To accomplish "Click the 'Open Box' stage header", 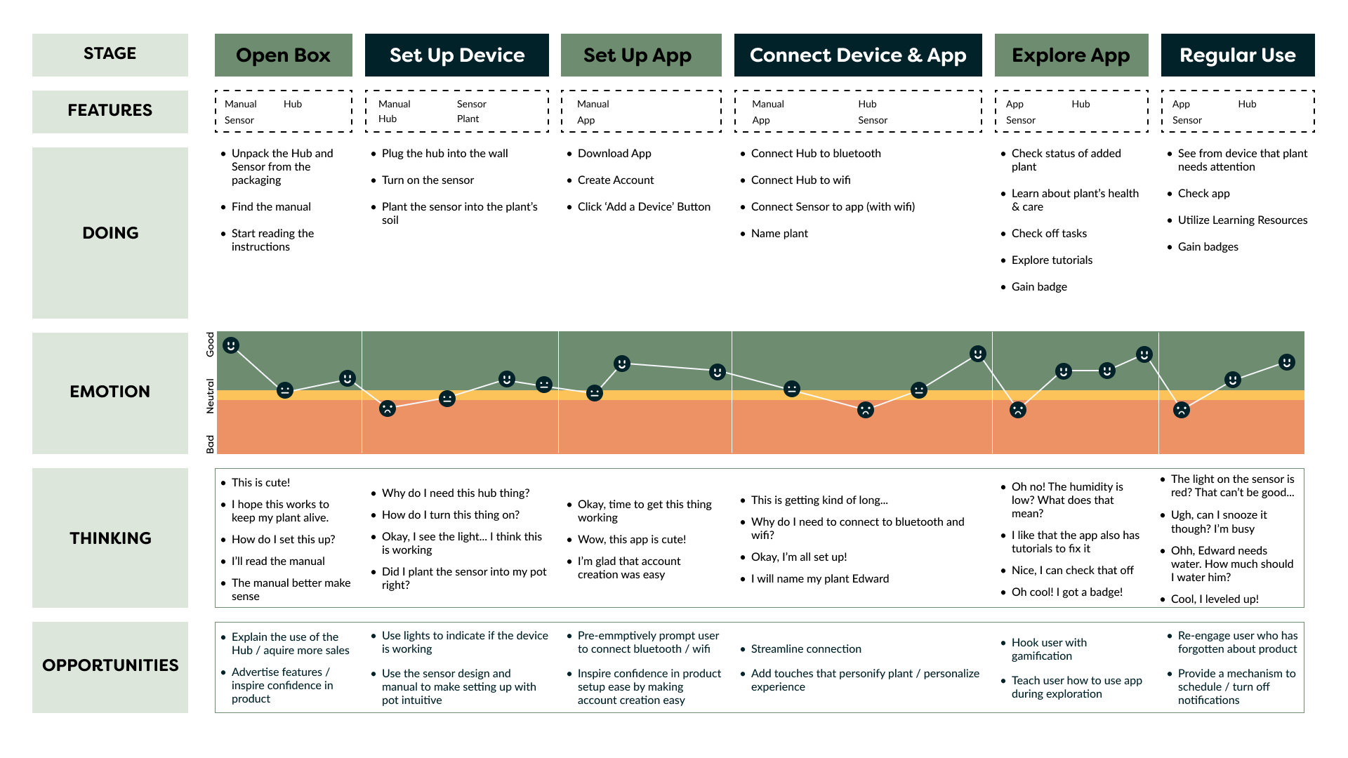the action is pos(283,55).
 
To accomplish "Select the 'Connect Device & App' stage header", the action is pos(857,55).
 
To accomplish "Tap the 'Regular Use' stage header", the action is pos(1237,55).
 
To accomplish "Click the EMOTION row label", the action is pos(110,392).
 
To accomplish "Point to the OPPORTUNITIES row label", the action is pos(110,665).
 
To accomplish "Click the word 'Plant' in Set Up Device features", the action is pos(468,119).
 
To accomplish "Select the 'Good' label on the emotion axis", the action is pos(210,345).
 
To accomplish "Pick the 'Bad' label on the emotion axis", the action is pos(210,444).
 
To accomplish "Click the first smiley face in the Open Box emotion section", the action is pos(231,345).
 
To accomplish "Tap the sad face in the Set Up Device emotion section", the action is pos(388,408).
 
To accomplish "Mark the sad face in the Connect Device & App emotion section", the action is pos(866,410).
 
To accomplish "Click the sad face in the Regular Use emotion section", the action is pos(1182,410).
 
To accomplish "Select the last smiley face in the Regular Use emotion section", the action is pos(1286,362).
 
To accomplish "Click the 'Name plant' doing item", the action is pos(779,234).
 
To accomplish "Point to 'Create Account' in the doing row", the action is pos(615,180).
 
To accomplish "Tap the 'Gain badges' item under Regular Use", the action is pos(1208,247).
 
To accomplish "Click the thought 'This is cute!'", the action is pos(260,483).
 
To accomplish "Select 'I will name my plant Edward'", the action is pos(819,579).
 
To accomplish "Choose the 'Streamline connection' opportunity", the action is pos(806,649).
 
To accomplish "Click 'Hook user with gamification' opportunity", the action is pos(1048,649).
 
